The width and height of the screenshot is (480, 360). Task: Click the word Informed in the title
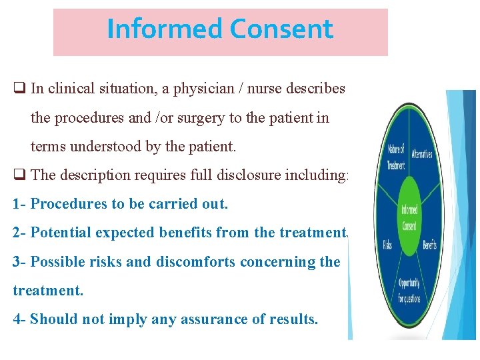[164, 29]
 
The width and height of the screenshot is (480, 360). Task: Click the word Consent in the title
[281, 29]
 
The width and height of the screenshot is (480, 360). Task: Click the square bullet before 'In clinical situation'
[19, 89]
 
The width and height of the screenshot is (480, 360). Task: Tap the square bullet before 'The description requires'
[19, 175]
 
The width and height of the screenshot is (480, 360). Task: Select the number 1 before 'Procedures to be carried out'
[16, 204]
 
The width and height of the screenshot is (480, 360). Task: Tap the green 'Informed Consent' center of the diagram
[409, 218]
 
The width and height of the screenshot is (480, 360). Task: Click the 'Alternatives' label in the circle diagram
[422, 153]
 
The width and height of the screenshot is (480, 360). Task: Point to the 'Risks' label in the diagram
[388, 245]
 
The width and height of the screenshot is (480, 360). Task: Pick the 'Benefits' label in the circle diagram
[429, 245]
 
